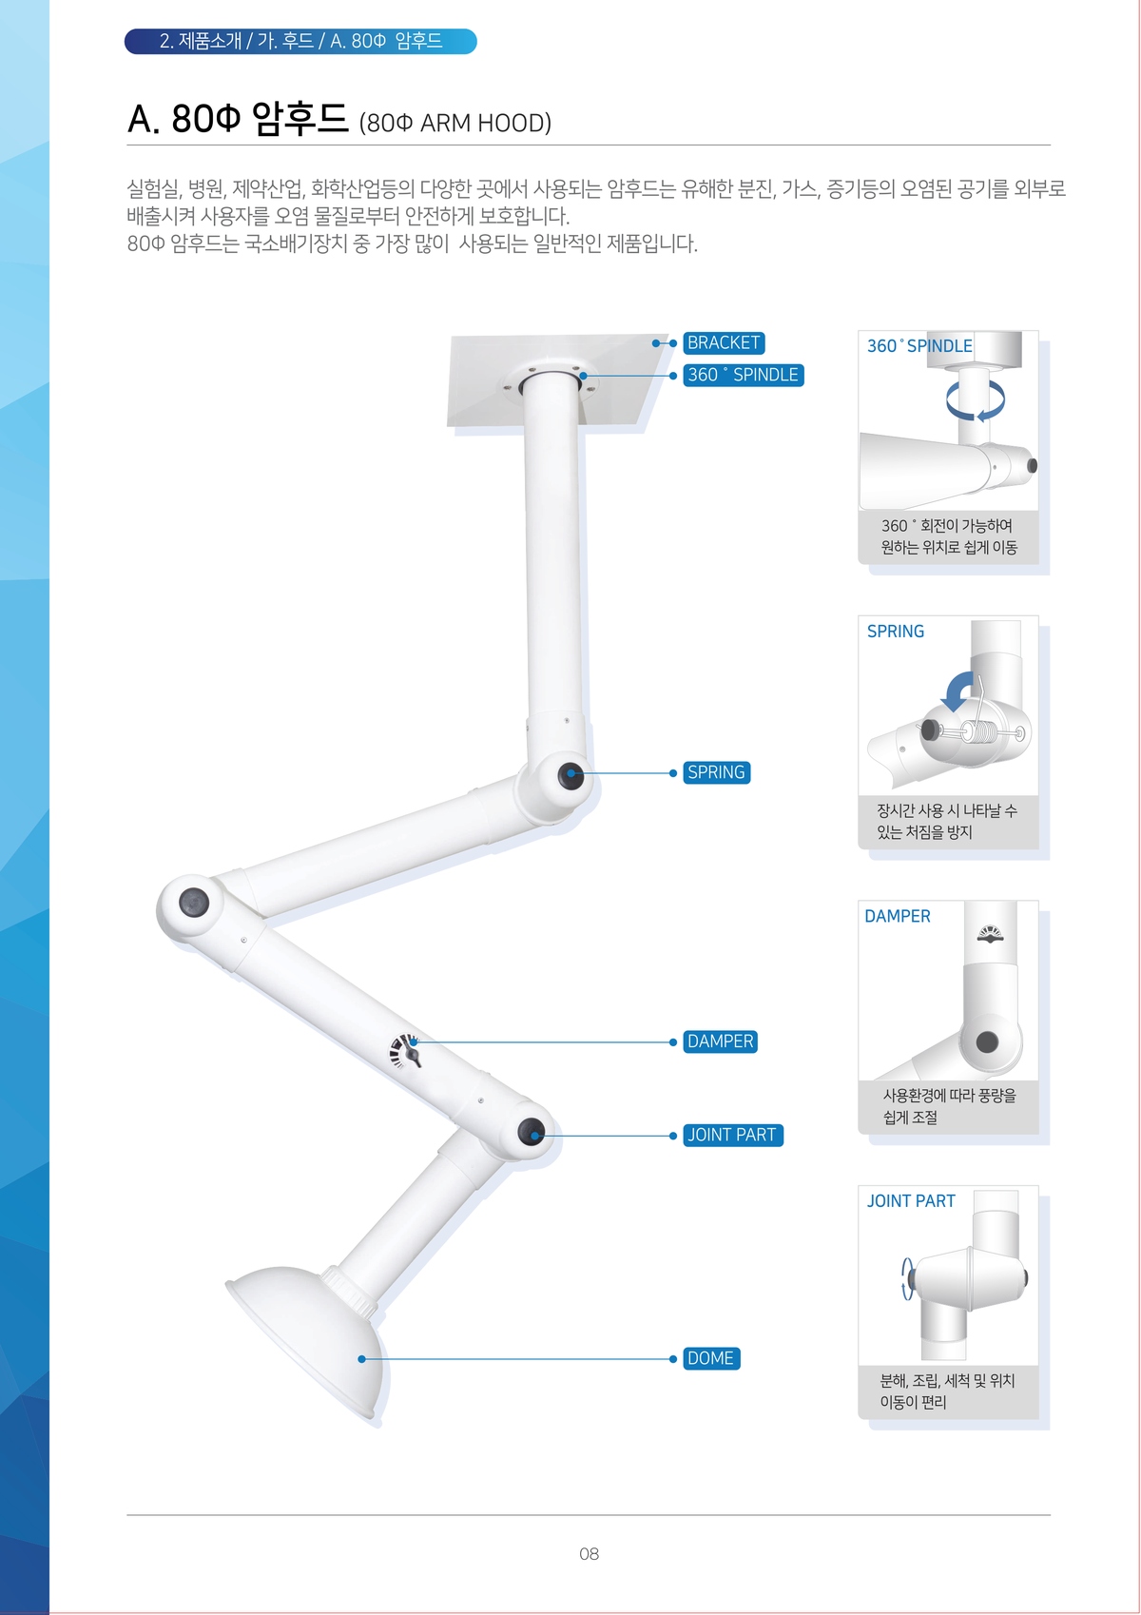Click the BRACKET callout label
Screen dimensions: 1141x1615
click(724, 342)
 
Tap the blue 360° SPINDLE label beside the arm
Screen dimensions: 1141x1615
click(744, 375)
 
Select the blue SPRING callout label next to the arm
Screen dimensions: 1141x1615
click(717, 772)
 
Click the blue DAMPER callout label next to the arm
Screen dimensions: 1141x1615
click(720, 1041)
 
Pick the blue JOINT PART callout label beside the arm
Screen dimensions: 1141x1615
click(733, 1135)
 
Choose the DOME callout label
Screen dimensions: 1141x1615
click(711, 1358)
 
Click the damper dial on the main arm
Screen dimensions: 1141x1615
click(406, 1050)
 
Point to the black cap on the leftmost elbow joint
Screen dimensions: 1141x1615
click(193, 902)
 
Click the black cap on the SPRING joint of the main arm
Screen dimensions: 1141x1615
click(570, 776)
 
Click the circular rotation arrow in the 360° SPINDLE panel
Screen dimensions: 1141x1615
click(976, 400)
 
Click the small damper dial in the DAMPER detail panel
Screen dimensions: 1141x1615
click(991, 934)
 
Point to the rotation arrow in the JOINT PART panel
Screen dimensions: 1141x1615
click(908, 1278)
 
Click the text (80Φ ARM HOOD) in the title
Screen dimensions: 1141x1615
click(455, 124)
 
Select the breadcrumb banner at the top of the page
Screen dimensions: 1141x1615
click(300, 41)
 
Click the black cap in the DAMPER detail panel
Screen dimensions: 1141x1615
click(987, 1041)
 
